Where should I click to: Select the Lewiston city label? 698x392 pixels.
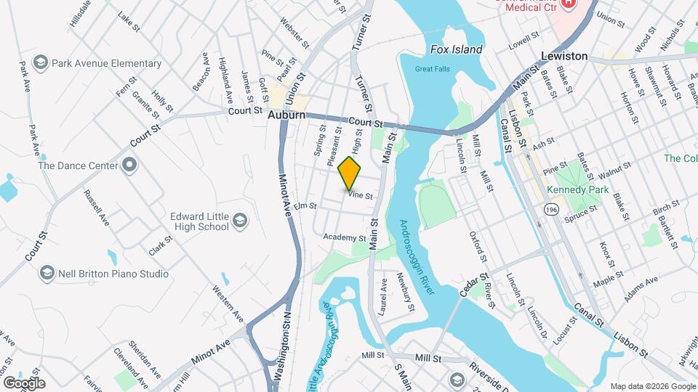tap(564, 56)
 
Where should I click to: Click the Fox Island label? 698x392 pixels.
tap(456, 49)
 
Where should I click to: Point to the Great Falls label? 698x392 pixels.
tap(428, 69)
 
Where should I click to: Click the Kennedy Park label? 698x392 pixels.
tap(575, 188)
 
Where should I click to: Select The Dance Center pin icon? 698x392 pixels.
tap(129, 165)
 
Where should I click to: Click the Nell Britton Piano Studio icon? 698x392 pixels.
tap(47, 273)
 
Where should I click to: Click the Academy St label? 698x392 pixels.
tap(345, 237)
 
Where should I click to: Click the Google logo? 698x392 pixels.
tap(24, 383)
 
